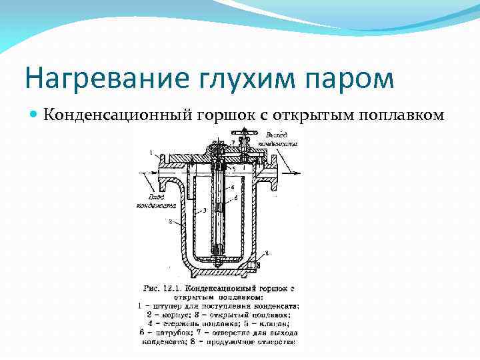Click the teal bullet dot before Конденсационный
coord(34,113)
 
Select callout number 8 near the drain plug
coord(267,253)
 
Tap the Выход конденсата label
coord(276,139)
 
